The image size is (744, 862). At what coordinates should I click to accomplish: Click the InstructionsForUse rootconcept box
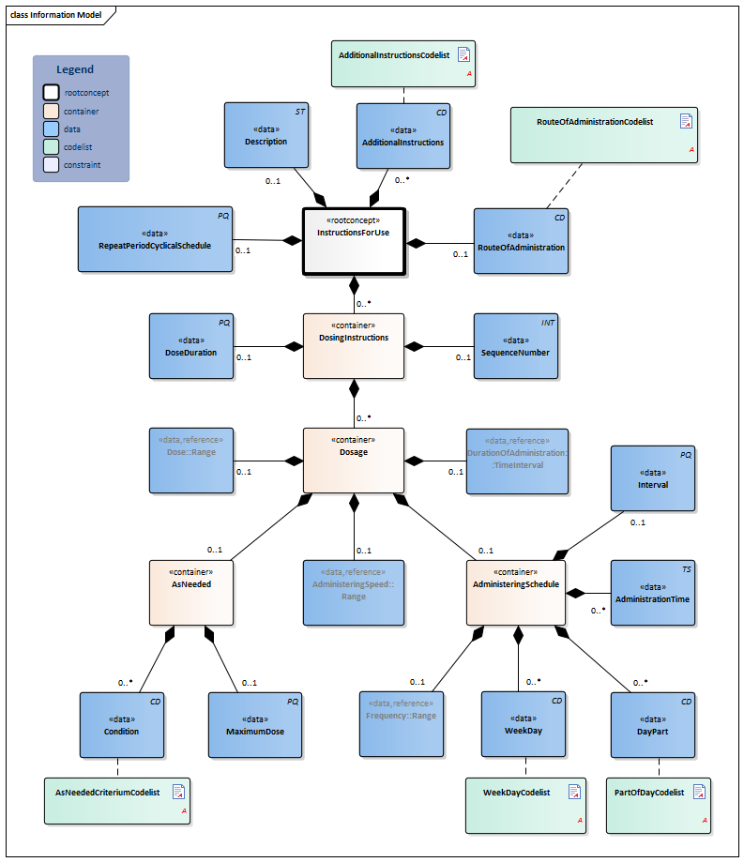pos(353,241)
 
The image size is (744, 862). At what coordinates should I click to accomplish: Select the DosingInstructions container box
pos(353,345)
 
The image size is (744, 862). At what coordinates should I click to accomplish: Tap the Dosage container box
pos(353,460)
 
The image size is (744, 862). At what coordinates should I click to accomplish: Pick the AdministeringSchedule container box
pos(516,592)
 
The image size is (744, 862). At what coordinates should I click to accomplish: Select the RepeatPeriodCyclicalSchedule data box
pos(154,239)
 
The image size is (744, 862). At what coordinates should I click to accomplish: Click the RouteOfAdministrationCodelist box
pos(603,134)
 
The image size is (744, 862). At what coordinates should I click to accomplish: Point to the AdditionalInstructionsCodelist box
pos(403,64)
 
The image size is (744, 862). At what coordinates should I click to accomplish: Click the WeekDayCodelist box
pos(525,804)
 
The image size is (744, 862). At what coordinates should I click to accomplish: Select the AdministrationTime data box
pos(653,592)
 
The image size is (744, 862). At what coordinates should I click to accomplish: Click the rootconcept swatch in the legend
pos(51,93)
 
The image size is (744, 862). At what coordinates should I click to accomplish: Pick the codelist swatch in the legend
pos(51,147)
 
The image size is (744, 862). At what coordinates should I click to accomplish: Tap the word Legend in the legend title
pos(75,69)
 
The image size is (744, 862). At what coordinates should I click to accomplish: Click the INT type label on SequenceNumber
pos(549,323)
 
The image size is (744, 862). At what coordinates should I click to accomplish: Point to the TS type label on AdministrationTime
pos(686,569)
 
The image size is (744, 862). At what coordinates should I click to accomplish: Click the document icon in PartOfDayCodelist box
pos(698,793)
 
